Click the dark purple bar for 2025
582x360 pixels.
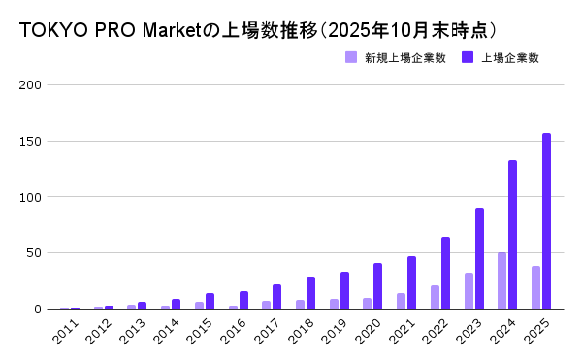click(x=546, y=221)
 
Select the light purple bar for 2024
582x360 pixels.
click(x=501, y=280)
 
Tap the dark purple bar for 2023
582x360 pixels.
click(x=479, y=258)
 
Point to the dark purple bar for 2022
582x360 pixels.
click(x=445, y=273)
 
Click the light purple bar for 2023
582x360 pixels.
click(x=469, y=291)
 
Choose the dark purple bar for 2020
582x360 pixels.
click(x=378, y=286)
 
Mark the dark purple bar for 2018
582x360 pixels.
click(x=310, y=293)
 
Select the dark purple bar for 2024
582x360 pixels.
click(x=512, y=235)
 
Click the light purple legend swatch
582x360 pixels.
click(x=351, y=58)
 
